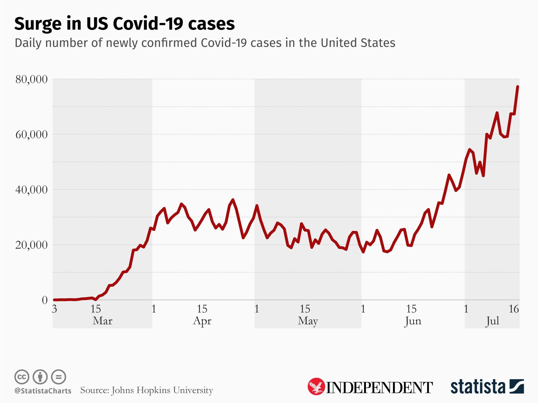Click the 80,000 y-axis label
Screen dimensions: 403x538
pyautogui.click(x=32, y=79)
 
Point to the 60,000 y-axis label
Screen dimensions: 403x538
pyautogui.click(x=32, y=134)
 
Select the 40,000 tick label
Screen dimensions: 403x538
pyautogui.click(x=32, y=190)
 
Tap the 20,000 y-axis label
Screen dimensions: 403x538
pyautogui.click(x=32, y=245)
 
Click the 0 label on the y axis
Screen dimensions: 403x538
pyautogui.click(x=45, y=300)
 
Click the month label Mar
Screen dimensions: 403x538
pyautogui.click(x=102, y=321)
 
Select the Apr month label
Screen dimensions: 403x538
pyautogui.click(x=202, y=321)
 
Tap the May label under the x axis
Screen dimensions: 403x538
pyautogui.click(x=308, y=321)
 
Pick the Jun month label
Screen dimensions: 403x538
pyautogui.click(x=413, y=321)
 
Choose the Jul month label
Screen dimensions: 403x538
pyautogui.click(x=492, y=321)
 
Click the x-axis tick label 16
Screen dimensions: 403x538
pyautogui.click(x=514, y=309)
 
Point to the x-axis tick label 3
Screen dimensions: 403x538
pyautogui.click(x=54, y=309)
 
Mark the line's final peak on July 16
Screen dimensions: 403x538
pyautogui.click(x=518, y=87)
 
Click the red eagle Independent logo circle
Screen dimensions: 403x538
pyautogui.click(x=316, y=387)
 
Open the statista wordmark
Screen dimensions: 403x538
pyautogui.click(x=478, y=387)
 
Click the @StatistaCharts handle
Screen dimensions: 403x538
pyautogui.click(x=43, y=391)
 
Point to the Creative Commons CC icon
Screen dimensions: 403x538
pyautogui.click(x=22, y=377)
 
